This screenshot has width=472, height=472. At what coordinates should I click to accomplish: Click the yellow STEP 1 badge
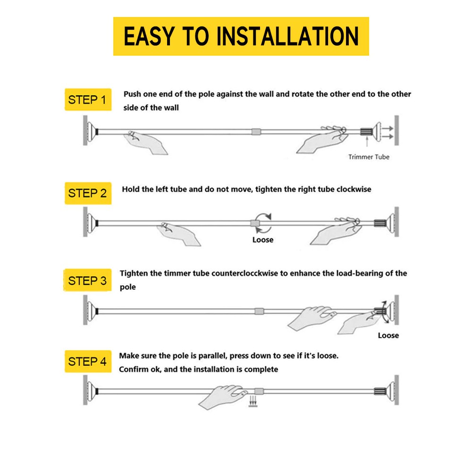point(88,100)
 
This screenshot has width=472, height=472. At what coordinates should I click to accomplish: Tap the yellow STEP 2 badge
point(88,193)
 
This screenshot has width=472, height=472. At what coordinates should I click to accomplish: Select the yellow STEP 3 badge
point(87,280)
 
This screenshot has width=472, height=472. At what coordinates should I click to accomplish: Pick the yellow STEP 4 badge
point(88,361)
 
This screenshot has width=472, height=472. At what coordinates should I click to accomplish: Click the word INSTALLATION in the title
point(287,36)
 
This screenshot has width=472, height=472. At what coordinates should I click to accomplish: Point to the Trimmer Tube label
point(369,157)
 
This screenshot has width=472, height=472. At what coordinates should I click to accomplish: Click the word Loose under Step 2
point(263,240)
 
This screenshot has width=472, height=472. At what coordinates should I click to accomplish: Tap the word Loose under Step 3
point(388,335)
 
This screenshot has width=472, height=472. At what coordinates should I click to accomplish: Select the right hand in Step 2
point(336,230)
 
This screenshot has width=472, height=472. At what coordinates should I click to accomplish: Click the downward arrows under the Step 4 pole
point(253,402)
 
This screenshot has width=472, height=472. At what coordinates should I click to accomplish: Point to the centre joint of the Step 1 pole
point(256,132)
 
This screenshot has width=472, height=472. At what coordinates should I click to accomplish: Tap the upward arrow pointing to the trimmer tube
point(367,142)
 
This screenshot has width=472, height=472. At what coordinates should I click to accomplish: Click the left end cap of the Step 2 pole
point(92,223)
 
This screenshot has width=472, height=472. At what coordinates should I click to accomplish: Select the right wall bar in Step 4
point(397,390)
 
